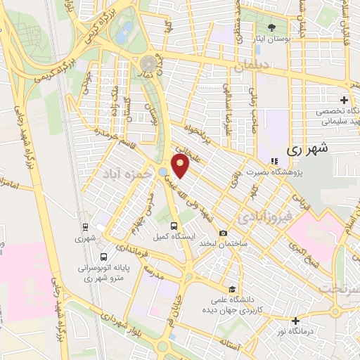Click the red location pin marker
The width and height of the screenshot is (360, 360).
point(181,167)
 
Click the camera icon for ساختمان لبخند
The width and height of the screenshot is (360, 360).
point(223,233)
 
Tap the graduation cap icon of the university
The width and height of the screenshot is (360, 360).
point(231,289)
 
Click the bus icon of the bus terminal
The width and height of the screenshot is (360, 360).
point(104,257)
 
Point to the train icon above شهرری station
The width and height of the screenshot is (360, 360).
point(84,227)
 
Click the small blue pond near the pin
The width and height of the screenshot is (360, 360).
point(163,172)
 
